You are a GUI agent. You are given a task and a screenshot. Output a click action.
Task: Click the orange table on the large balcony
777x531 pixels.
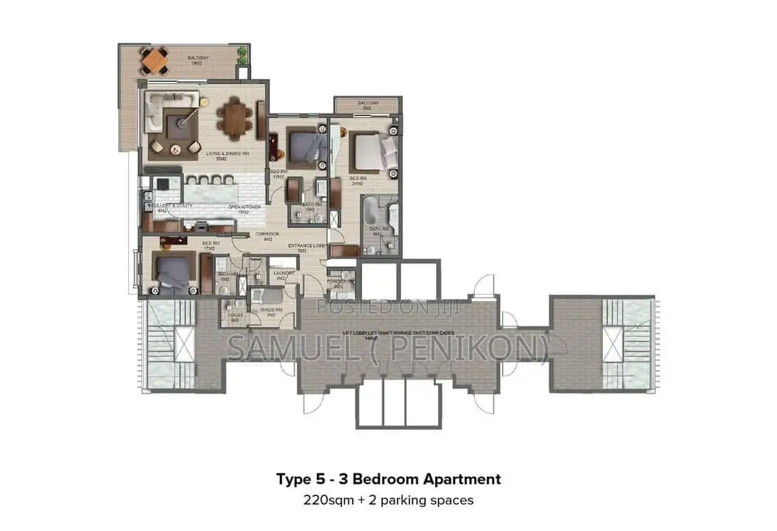point(154,60)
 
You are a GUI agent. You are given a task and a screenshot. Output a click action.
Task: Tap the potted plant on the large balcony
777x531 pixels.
point(242,55)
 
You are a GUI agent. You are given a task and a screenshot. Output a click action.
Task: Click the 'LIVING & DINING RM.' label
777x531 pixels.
point(226,154)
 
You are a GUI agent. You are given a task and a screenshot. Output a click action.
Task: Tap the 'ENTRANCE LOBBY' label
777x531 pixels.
point(304,246)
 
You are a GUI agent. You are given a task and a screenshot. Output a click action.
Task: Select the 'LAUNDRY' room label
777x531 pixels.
point(282,273)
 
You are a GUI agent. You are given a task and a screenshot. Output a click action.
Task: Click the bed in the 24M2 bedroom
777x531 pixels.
point(371,151)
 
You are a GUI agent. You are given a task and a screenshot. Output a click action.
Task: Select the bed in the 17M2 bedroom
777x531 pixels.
point(175,271)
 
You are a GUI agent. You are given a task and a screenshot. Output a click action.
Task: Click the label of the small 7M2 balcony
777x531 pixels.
point(368,103)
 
